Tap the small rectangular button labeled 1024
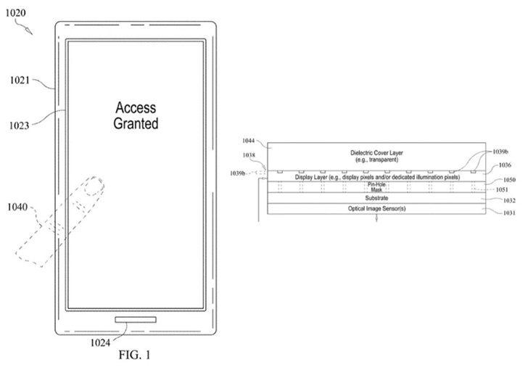pyautogui.click(x=135, y=320)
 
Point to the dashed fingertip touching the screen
pyautogui.click(x=91, y=187)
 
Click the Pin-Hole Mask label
pyautogui.click(x=375, y=186)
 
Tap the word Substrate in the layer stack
pyautogui.click(x=375, y=197)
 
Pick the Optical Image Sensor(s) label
pyautogui.click(x=375, y=209)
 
